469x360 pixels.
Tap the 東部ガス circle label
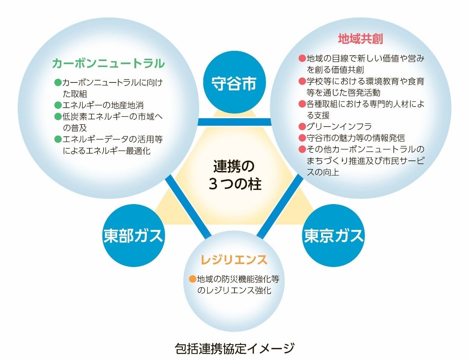133,235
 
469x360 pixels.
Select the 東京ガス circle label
333,235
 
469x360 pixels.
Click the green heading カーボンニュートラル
108,63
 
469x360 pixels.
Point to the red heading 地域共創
360,39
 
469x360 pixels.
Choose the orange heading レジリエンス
234,259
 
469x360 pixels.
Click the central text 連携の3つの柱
234,175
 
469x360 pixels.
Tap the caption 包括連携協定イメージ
234,348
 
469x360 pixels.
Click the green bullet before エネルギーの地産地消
58,105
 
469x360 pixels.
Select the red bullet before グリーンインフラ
302,127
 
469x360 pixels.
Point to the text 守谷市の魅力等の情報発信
356,138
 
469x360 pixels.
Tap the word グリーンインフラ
339,127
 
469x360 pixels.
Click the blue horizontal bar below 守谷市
234,122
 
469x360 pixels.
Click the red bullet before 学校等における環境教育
302,81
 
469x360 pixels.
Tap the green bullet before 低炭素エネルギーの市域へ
58,116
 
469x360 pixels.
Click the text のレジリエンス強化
234,291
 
